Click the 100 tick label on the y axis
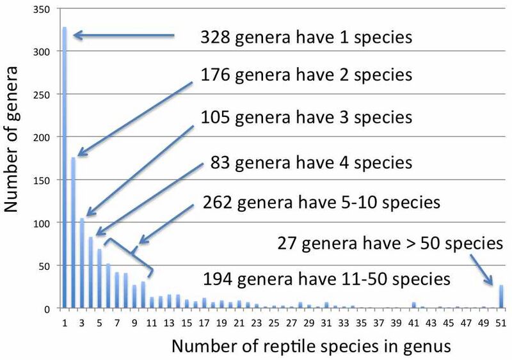pyautogui.click(x=42, y=223)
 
